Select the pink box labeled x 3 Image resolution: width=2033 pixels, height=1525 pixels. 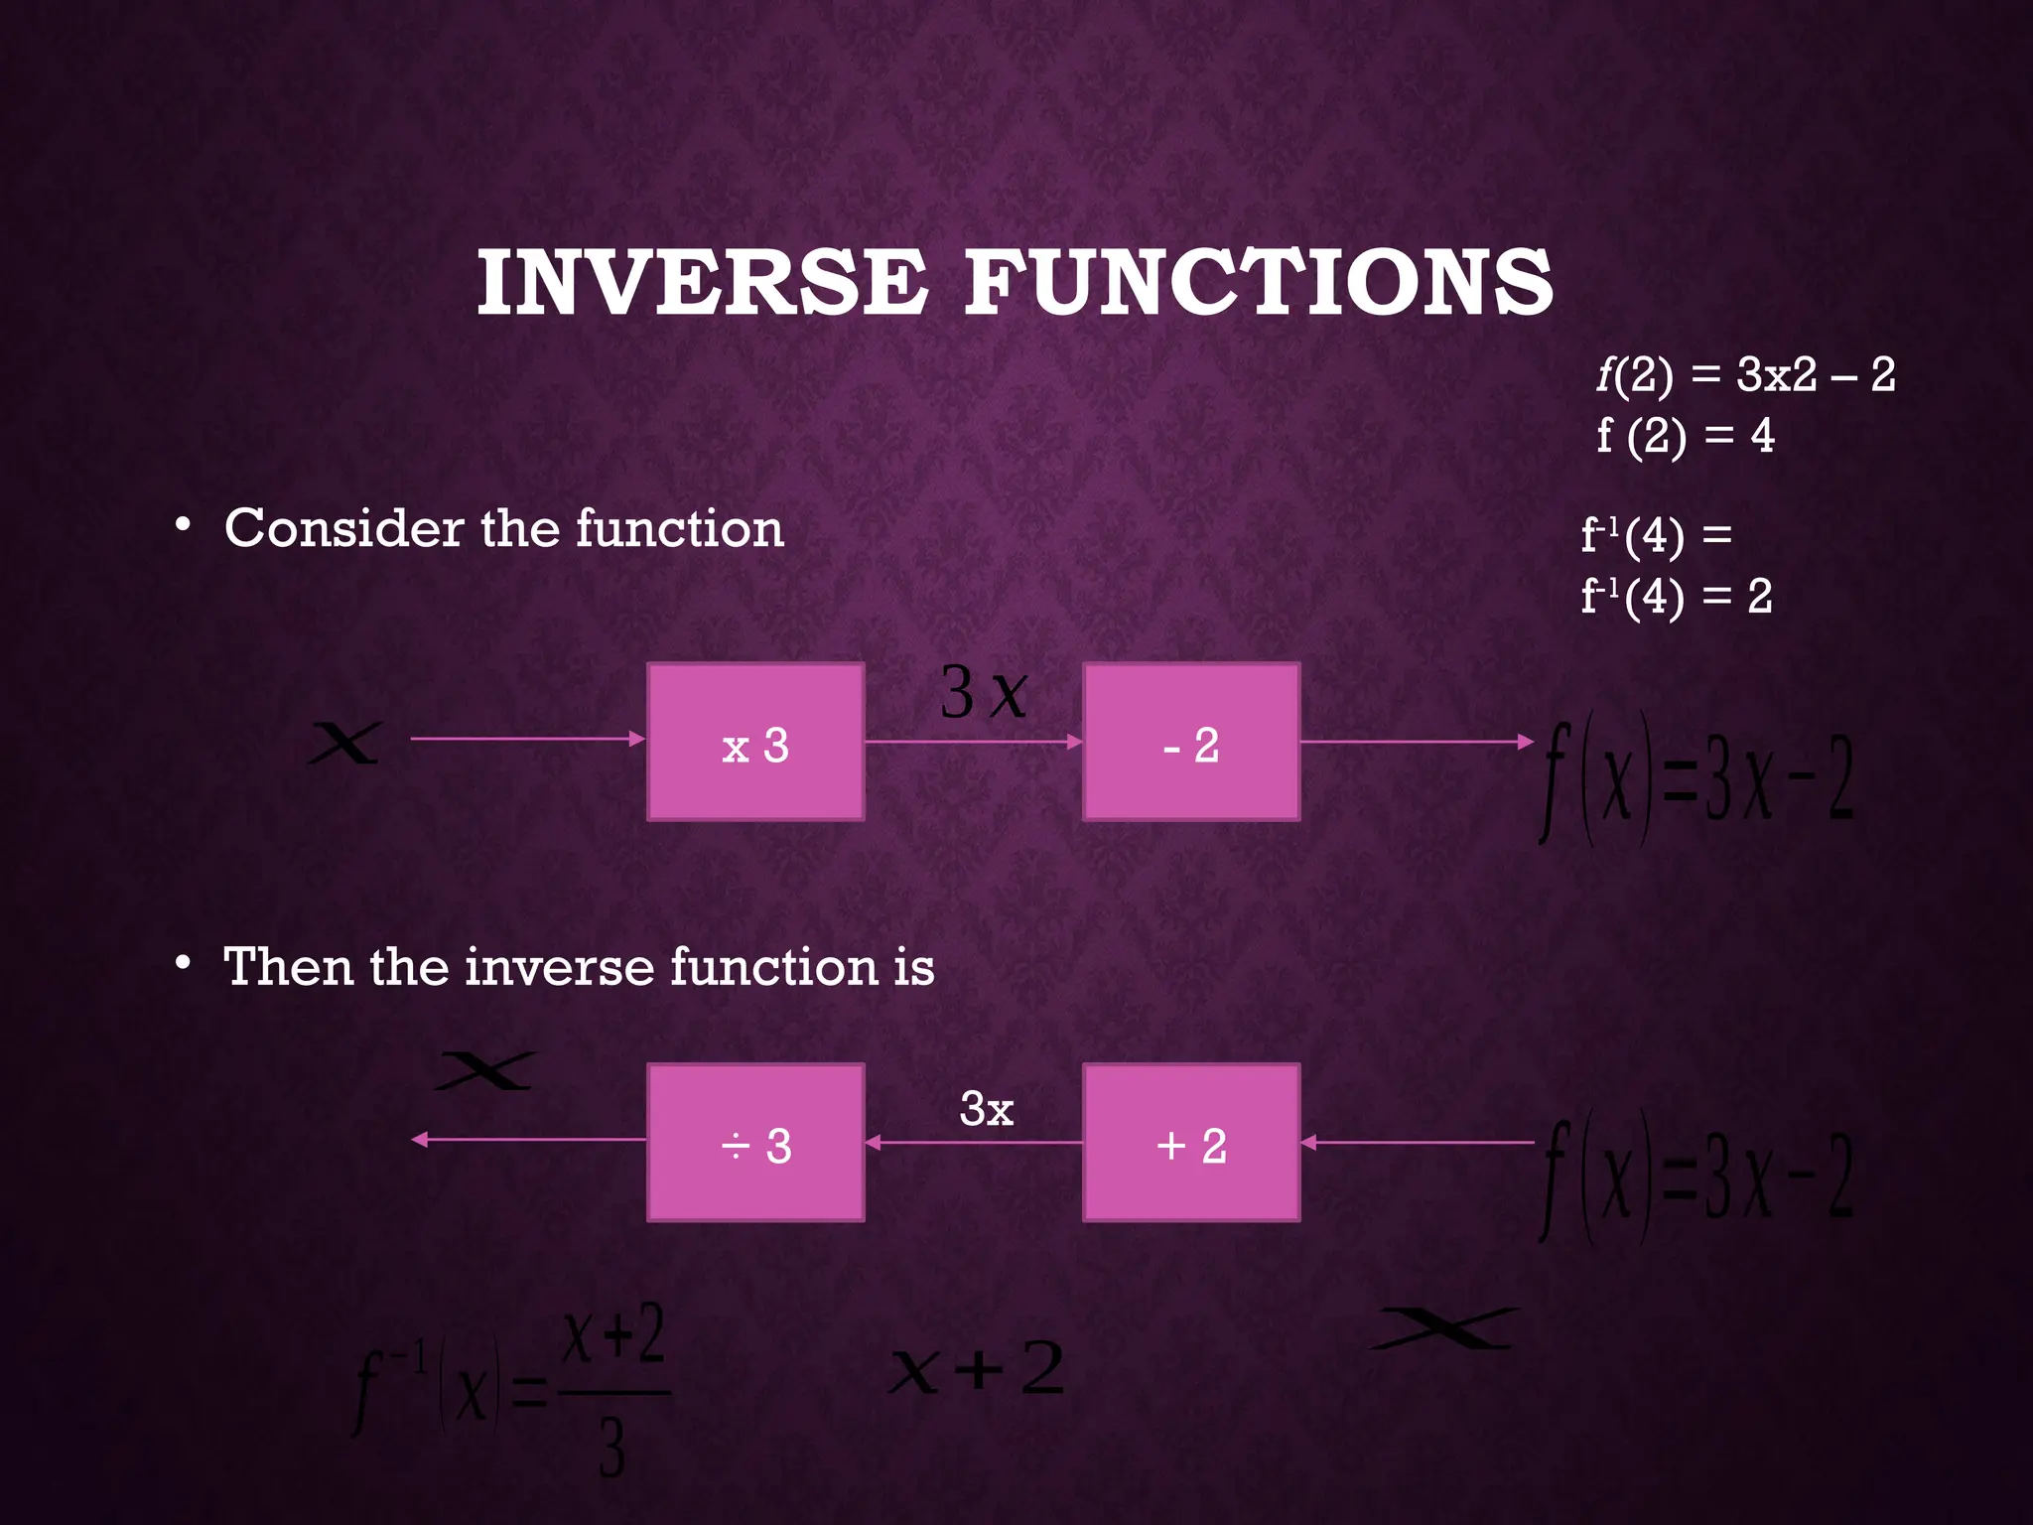tap(755, 742)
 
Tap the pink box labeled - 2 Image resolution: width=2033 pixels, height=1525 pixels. tap(1190, 742)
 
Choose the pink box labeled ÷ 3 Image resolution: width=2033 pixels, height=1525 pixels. tap(755, 1143)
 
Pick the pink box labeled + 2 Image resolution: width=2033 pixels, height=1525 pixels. tap(1190, 1143)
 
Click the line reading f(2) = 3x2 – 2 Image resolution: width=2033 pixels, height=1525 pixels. tap(1745, 375)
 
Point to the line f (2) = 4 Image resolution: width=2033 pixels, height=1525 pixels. tap(1685, 436)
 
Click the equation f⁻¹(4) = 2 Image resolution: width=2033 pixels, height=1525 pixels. tap(1676, 597)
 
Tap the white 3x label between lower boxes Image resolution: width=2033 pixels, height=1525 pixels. tap(986, 1109)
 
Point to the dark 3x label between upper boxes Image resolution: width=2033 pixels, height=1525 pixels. tap(983, 692)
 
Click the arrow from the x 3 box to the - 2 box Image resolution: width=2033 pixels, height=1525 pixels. tap(973, 742)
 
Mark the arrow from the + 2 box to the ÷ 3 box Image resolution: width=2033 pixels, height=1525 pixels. tap(973, 1143)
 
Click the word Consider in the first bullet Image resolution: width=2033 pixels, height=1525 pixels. tap(343, 528)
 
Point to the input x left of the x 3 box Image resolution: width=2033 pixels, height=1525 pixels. tap(343, 743)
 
